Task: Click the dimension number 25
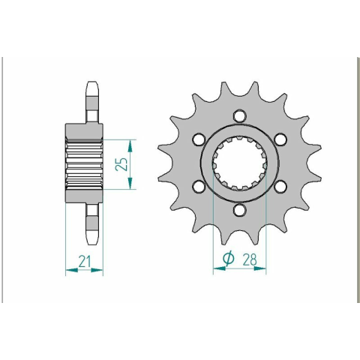click(121, 164)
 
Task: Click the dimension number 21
click(84, 261)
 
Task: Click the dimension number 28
click(249, 259)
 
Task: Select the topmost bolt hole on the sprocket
click(239, 115)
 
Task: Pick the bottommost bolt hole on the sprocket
click(239, 210)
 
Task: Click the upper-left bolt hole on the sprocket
click(199, 139)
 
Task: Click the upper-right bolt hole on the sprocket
click(280, 139)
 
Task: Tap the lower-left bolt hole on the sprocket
click(199, 187)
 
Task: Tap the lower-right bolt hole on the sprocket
click(280, 187)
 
